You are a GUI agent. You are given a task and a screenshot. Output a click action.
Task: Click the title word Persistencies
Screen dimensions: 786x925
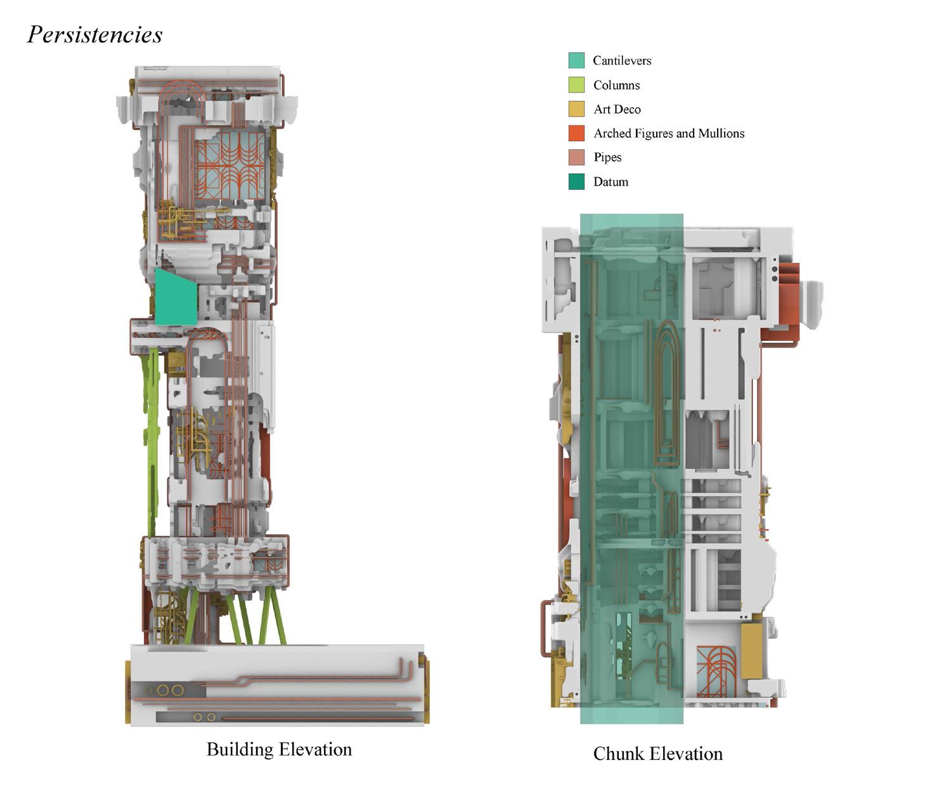point(95,34)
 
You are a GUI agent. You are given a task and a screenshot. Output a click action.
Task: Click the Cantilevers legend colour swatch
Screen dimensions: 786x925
point(576,60)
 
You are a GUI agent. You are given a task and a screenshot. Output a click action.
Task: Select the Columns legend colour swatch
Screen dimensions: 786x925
point(576,84)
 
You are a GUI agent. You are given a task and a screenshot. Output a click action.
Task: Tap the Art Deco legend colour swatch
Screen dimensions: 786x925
point(576,109)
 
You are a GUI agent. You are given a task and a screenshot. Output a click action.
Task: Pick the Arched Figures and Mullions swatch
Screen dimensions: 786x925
point(576,133)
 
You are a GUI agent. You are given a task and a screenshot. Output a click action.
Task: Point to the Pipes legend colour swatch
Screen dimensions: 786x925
point(576,157)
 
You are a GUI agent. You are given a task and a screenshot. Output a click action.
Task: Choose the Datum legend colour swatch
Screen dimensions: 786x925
point(576,182)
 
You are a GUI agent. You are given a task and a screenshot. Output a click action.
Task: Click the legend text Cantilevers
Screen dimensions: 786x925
point(622,60)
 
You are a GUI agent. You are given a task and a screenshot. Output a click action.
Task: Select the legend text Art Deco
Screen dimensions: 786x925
point(617,109)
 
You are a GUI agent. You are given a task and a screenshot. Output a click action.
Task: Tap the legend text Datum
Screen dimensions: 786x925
point(611,182)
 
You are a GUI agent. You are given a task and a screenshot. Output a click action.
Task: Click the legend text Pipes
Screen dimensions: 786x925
point(607,157)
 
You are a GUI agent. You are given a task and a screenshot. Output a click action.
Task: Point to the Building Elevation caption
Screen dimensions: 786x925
point(279,749)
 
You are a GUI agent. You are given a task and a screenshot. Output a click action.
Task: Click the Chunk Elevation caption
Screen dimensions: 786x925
point(657,754)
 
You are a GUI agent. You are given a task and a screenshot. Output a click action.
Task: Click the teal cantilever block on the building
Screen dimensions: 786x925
point(175,298)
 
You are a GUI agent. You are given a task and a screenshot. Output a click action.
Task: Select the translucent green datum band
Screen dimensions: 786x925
point(631,469)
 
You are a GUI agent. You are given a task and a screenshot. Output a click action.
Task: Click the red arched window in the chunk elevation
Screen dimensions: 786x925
point(716,671)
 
